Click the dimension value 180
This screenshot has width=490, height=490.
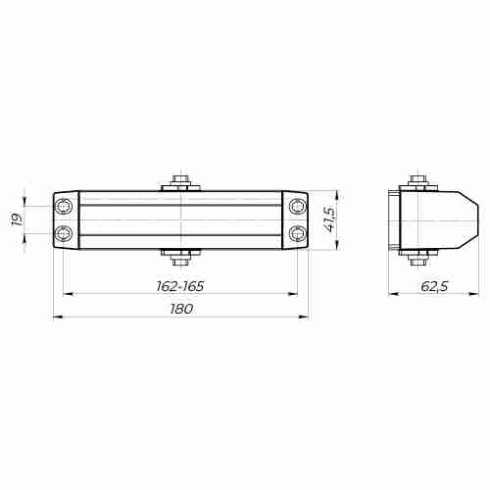click(180, 308)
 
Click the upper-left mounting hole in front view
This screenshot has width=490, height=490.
click(65, 207)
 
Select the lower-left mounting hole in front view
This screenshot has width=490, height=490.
click(65, 233)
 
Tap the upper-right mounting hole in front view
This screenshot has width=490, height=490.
click(297, 207)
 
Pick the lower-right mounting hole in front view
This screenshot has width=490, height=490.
click(297, 233)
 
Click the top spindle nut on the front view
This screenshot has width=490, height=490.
click(181, 182)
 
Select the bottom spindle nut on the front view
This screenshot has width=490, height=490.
click(181, 259)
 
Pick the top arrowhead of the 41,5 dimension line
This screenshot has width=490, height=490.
click(339, 194)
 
